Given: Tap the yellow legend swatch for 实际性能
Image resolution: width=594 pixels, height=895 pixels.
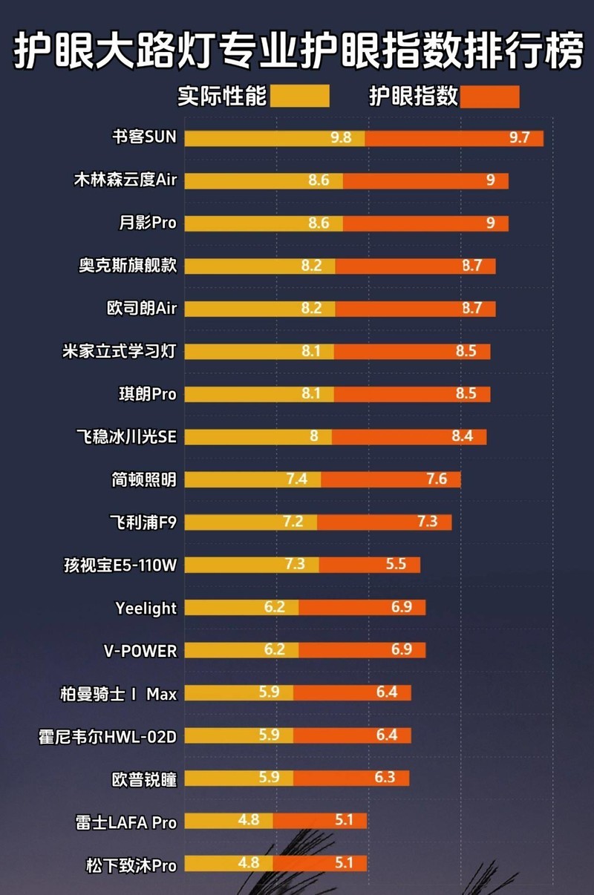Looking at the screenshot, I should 299,96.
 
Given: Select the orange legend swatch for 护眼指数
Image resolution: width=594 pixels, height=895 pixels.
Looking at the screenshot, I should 489,96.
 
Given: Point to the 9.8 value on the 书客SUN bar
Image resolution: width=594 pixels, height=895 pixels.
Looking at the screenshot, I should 341,138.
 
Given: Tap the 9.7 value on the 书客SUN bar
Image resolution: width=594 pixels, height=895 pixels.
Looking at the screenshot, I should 519,138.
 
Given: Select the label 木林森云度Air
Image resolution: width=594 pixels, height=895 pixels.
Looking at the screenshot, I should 125,180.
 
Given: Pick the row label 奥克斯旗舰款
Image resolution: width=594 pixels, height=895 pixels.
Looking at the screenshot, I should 128,266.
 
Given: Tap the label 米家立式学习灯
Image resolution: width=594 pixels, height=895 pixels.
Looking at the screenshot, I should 120,351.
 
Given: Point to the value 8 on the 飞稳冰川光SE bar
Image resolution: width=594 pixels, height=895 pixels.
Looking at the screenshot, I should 314,436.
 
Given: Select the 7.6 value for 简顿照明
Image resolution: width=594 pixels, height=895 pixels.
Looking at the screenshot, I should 437,479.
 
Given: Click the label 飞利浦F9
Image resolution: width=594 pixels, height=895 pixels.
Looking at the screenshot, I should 143,522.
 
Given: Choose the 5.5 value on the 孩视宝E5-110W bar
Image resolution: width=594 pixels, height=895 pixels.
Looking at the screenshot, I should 396,565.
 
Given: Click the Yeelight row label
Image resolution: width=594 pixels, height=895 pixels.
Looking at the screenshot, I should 146,608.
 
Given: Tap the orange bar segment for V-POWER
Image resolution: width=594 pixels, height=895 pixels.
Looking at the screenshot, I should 362,650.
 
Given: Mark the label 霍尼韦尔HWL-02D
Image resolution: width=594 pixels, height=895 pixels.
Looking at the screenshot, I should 108,736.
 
